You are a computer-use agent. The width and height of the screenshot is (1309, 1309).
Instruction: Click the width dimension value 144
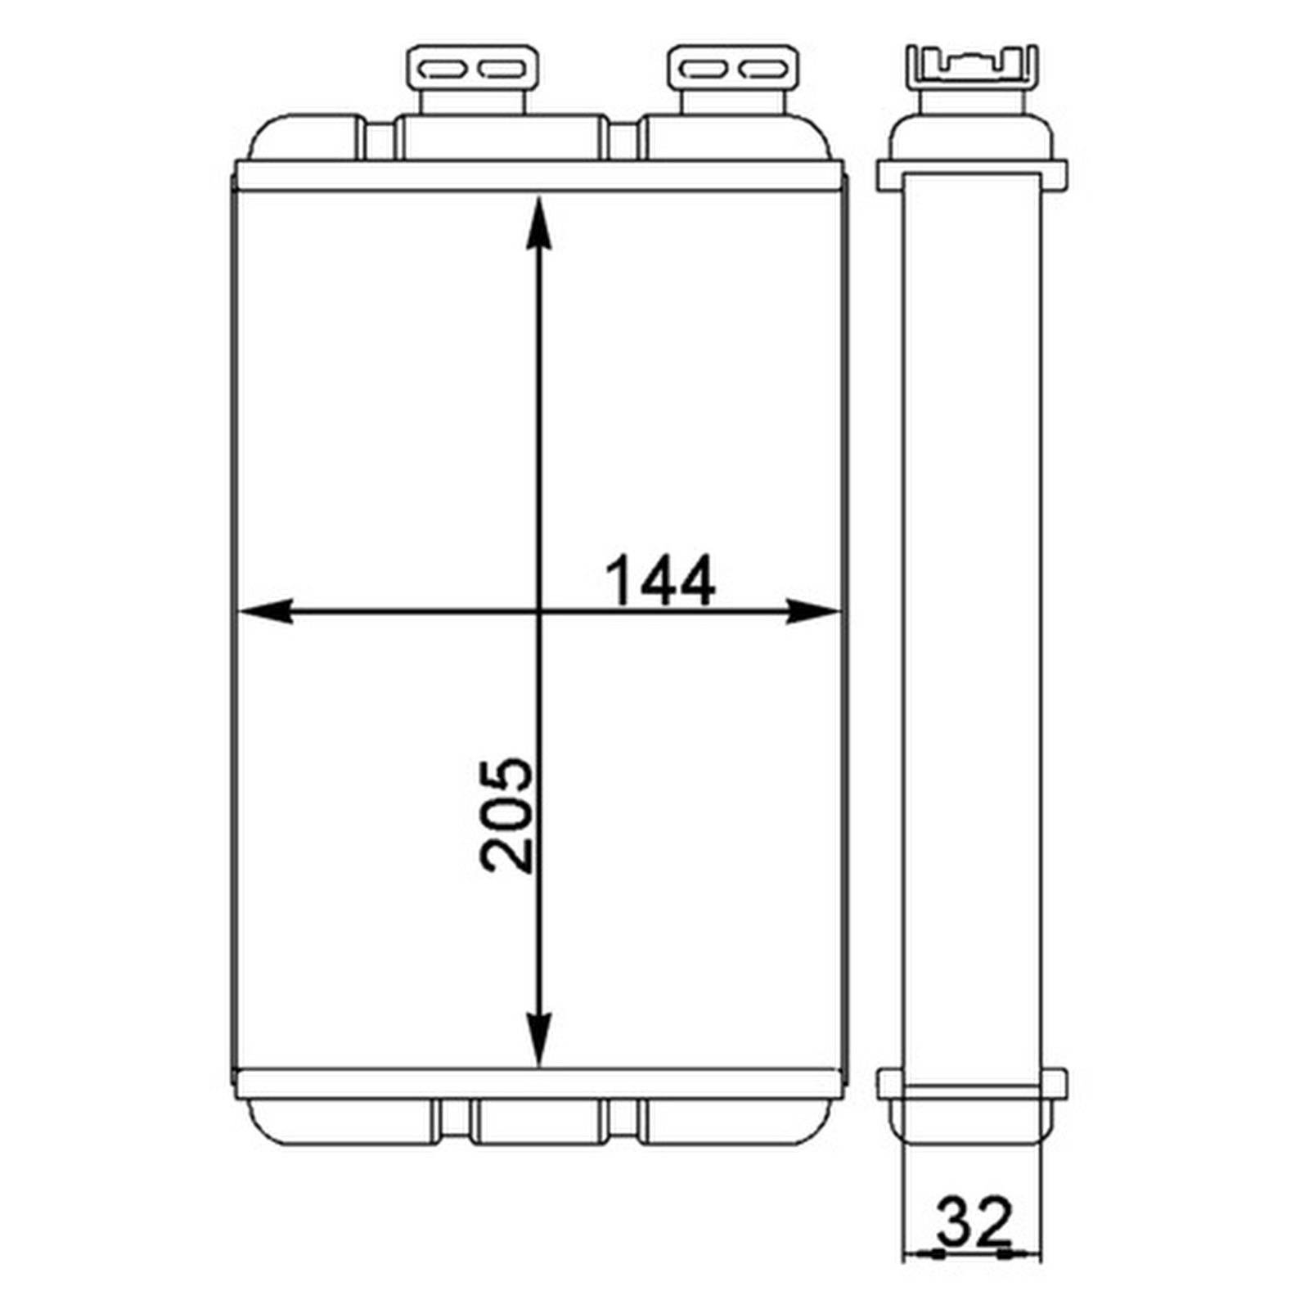pos(659,580)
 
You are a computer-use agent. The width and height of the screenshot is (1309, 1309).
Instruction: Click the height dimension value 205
pos(506,815)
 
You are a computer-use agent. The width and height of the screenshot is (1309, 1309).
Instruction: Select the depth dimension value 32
pos(974,1221)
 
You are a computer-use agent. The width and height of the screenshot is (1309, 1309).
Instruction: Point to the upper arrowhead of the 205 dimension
pos(538,223)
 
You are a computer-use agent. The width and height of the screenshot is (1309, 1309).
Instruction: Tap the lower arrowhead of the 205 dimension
pos(538,1040)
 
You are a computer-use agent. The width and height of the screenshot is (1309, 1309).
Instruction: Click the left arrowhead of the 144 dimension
pos(264,610)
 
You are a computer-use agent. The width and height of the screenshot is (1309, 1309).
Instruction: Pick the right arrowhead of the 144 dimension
pos(812,610)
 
